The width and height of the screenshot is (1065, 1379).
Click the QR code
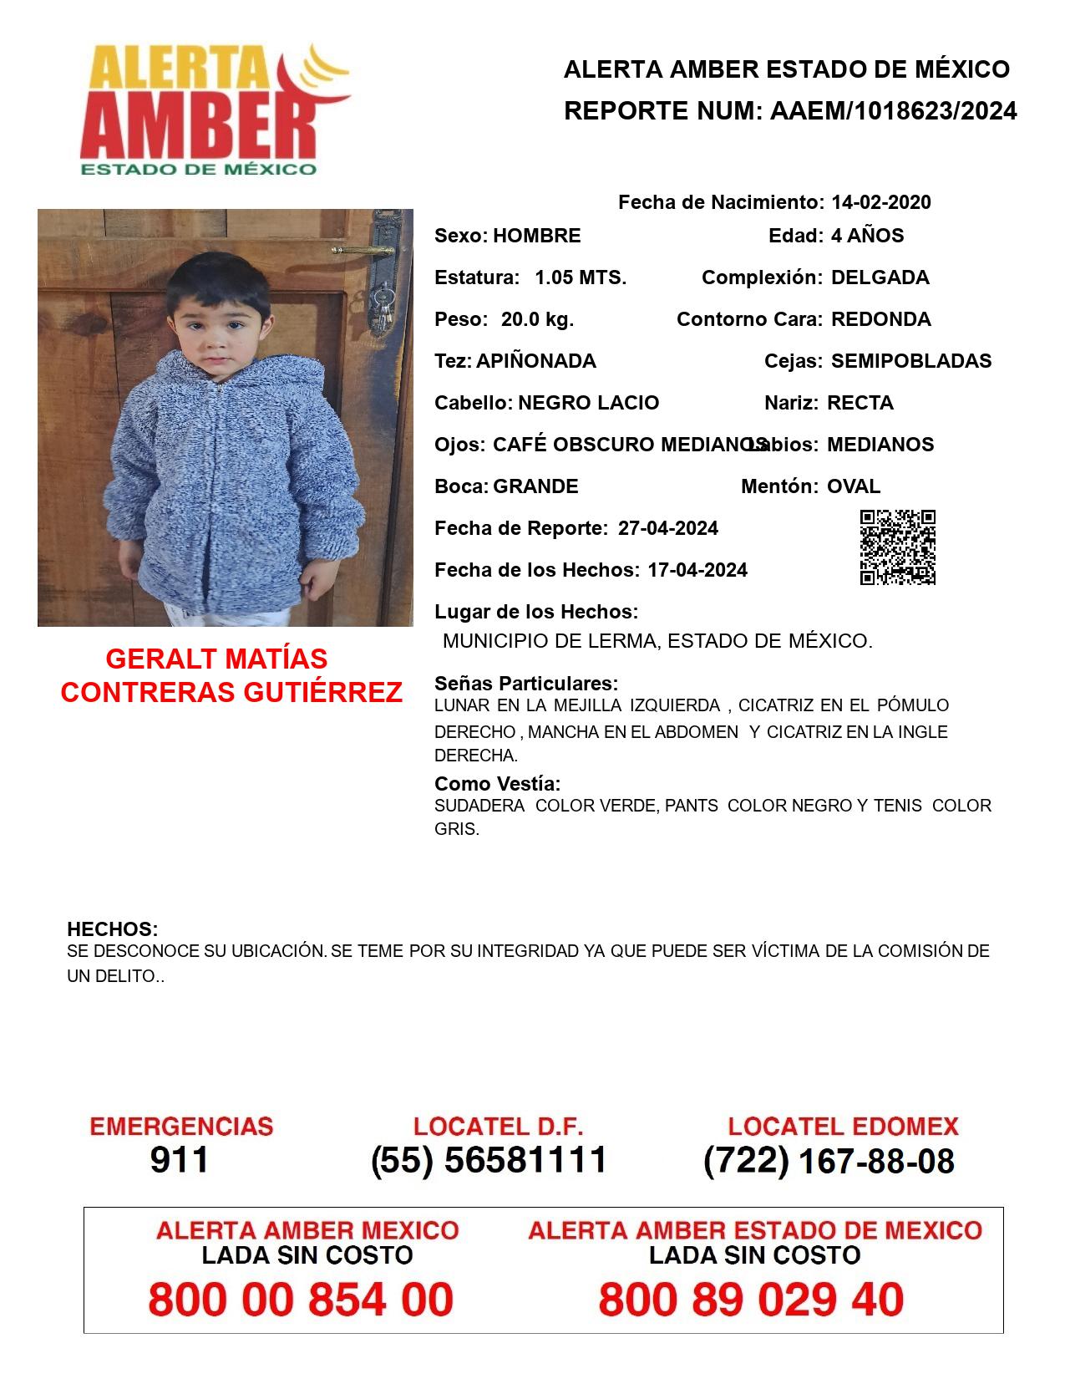(x=898, y=547)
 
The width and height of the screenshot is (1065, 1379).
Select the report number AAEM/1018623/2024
(x=893, y=111)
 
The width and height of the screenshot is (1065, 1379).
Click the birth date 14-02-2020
(x=880, y=202)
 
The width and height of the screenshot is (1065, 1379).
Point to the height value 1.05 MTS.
(x=581, y=277)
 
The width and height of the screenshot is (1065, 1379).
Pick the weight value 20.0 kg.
(x=537, y=319)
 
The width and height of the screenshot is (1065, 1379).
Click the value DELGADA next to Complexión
(x=880, y=277)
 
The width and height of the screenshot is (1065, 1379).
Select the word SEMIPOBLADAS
(x=910, y=361)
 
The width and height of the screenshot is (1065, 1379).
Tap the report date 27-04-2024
(x=667, y=528)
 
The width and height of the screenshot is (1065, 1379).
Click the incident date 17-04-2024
(x=697, y=570)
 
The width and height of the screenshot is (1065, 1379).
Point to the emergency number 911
(x=179, y=1160)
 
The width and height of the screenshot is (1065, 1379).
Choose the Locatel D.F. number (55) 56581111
(x=489, y=1160)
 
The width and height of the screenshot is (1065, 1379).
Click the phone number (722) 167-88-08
(x=829, y=1161)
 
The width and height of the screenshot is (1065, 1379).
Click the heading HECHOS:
(x=112, y=929)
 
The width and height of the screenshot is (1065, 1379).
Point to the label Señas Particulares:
(x=526, y=684)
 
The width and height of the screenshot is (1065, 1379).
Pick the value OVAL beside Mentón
(x=853, y=486)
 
